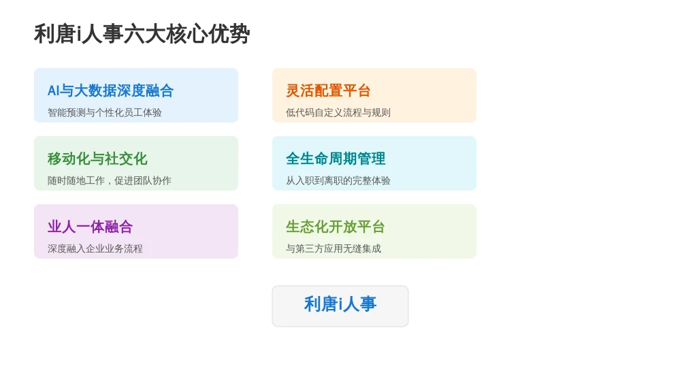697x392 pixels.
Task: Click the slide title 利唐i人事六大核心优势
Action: tap(142, 34)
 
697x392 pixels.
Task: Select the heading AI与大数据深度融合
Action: tap(111, 91)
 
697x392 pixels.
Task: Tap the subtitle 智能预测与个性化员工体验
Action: tap(104, 112)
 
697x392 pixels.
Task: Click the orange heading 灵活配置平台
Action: tap(328, 91)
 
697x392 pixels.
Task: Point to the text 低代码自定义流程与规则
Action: tap(338, 112)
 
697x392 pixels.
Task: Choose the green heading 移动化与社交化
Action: tap(97, 159)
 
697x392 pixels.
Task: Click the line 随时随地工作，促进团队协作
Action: tap(110, 180)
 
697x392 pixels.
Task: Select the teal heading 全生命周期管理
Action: tap(336, 159)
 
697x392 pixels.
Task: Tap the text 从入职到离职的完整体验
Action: tap(338, 180)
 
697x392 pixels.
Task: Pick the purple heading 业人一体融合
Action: tap(91, 227)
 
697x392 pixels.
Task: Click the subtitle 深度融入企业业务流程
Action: tap(95, 248)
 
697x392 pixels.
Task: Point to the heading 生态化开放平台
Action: tap(335, 227)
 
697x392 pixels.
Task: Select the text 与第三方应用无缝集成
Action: tap(334, 248)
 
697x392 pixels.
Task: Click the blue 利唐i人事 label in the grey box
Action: tap(340, 304)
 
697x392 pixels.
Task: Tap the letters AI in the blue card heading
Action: tap(53, 91)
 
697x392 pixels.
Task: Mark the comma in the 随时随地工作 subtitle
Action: tap(109, 183)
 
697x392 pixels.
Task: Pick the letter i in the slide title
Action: tap(78, 34)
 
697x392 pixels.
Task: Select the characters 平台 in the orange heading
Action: tap(357, 91)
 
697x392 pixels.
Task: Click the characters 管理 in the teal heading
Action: tap(371, 159)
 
